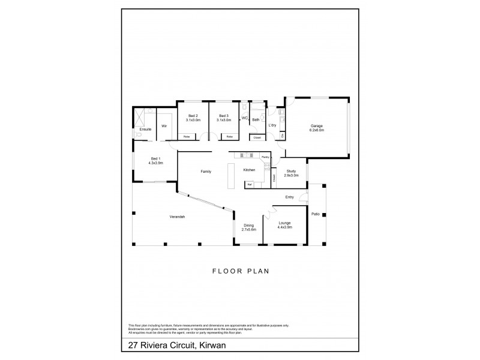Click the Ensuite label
[145, 130]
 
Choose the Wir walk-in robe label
[164, 126]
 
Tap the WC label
[244, 119]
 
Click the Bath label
[256, 120]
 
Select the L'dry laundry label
[272, 125]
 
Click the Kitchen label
[250, 170]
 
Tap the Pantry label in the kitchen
[265, 157]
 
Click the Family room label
[206, 172]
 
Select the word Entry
[290, 197]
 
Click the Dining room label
[249, 227]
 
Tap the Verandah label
[177, 216]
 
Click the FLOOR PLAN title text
[240, 271]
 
